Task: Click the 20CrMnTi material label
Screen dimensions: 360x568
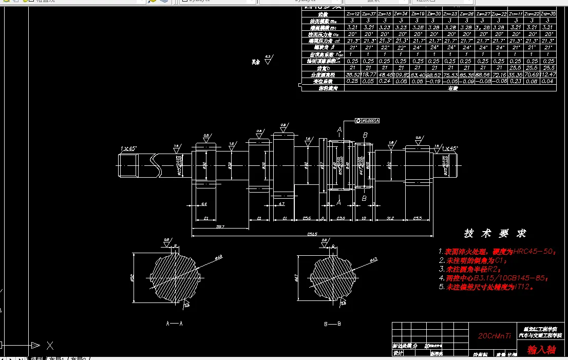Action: [x=495, y=336]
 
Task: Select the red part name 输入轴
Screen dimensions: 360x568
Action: [x=541, y=350]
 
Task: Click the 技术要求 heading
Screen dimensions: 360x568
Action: [x=495, y=234]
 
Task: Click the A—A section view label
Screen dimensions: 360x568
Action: [x=174, y=324]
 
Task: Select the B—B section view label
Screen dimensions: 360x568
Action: [x=332, y=324]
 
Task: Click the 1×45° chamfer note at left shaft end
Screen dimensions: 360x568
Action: [x=128, y=148]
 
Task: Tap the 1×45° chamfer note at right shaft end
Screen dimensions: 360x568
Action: [x=450, y=148]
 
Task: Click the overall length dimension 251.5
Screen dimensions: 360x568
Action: [x=312, y=235]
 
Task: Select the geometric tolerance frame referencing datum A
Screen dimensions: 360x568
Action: [x=367, y=121]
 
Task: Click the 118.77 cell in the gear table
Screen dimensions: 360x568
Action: [x=368, y=74]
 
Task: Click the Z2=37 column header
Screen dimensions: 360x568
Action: [x=368, y=14]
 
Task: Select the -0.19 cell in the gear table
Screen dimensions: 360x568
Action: [x=434, y=81]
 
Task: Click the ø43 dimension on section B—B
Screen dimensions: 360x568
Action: [x=373, y=259]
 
